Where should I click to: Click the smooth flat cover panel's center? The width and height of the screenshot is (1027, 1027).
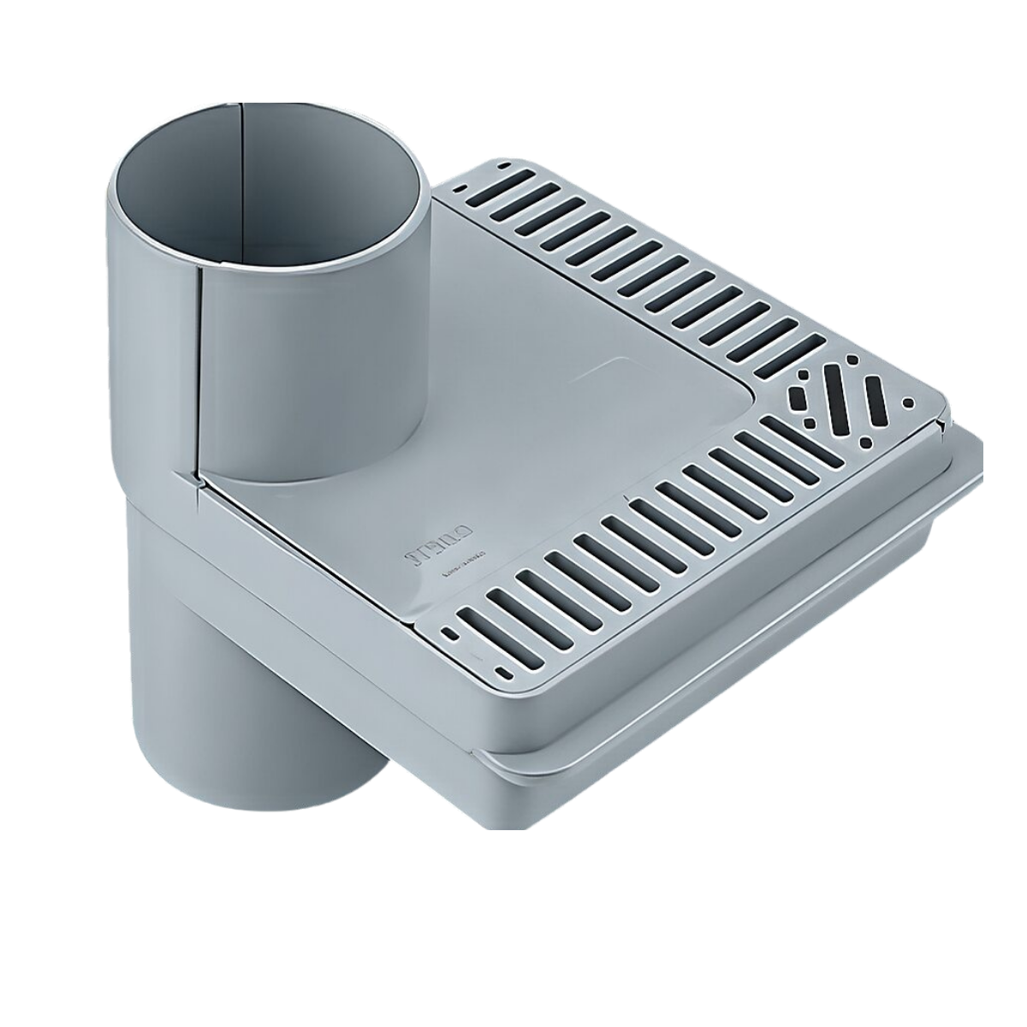[x=513, y=377]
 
